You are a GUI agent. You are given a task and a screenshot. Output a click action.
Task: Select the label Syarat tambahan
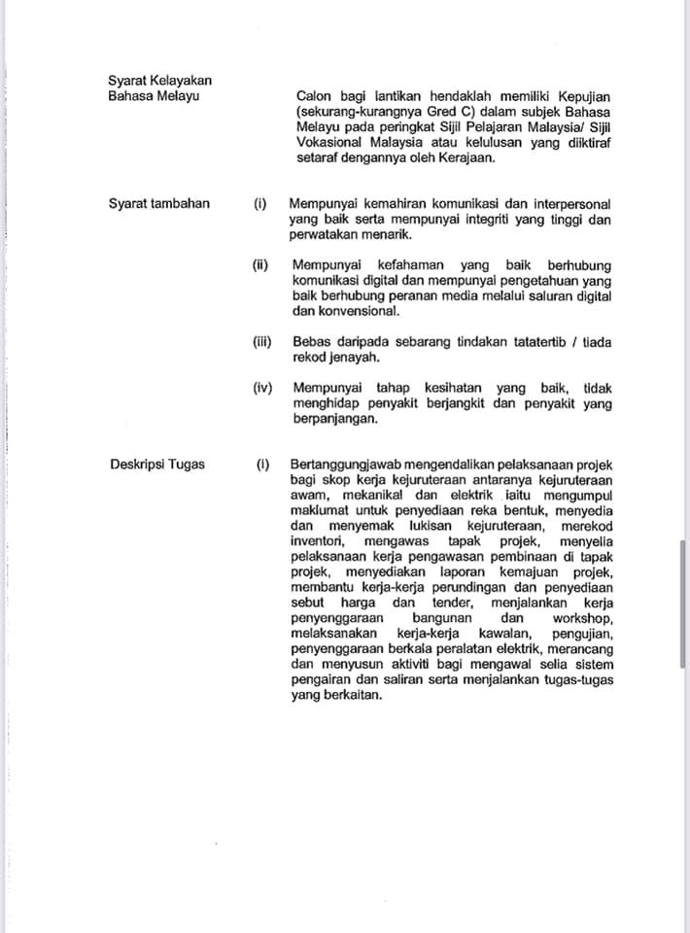(x=158, y=204)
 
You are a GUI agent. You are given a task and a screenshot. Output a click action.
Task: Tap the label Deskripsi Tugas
(x=157, y=465)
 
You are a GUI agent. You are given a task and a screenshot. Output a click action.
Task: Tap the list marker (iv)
(x=262, y=389)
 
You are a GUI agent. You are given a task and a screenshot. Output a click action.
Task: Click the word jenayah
(x=352, y=358)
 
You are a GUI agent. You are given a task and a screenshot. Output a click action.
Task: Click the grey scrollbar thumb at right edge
(x=683, y=603)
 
